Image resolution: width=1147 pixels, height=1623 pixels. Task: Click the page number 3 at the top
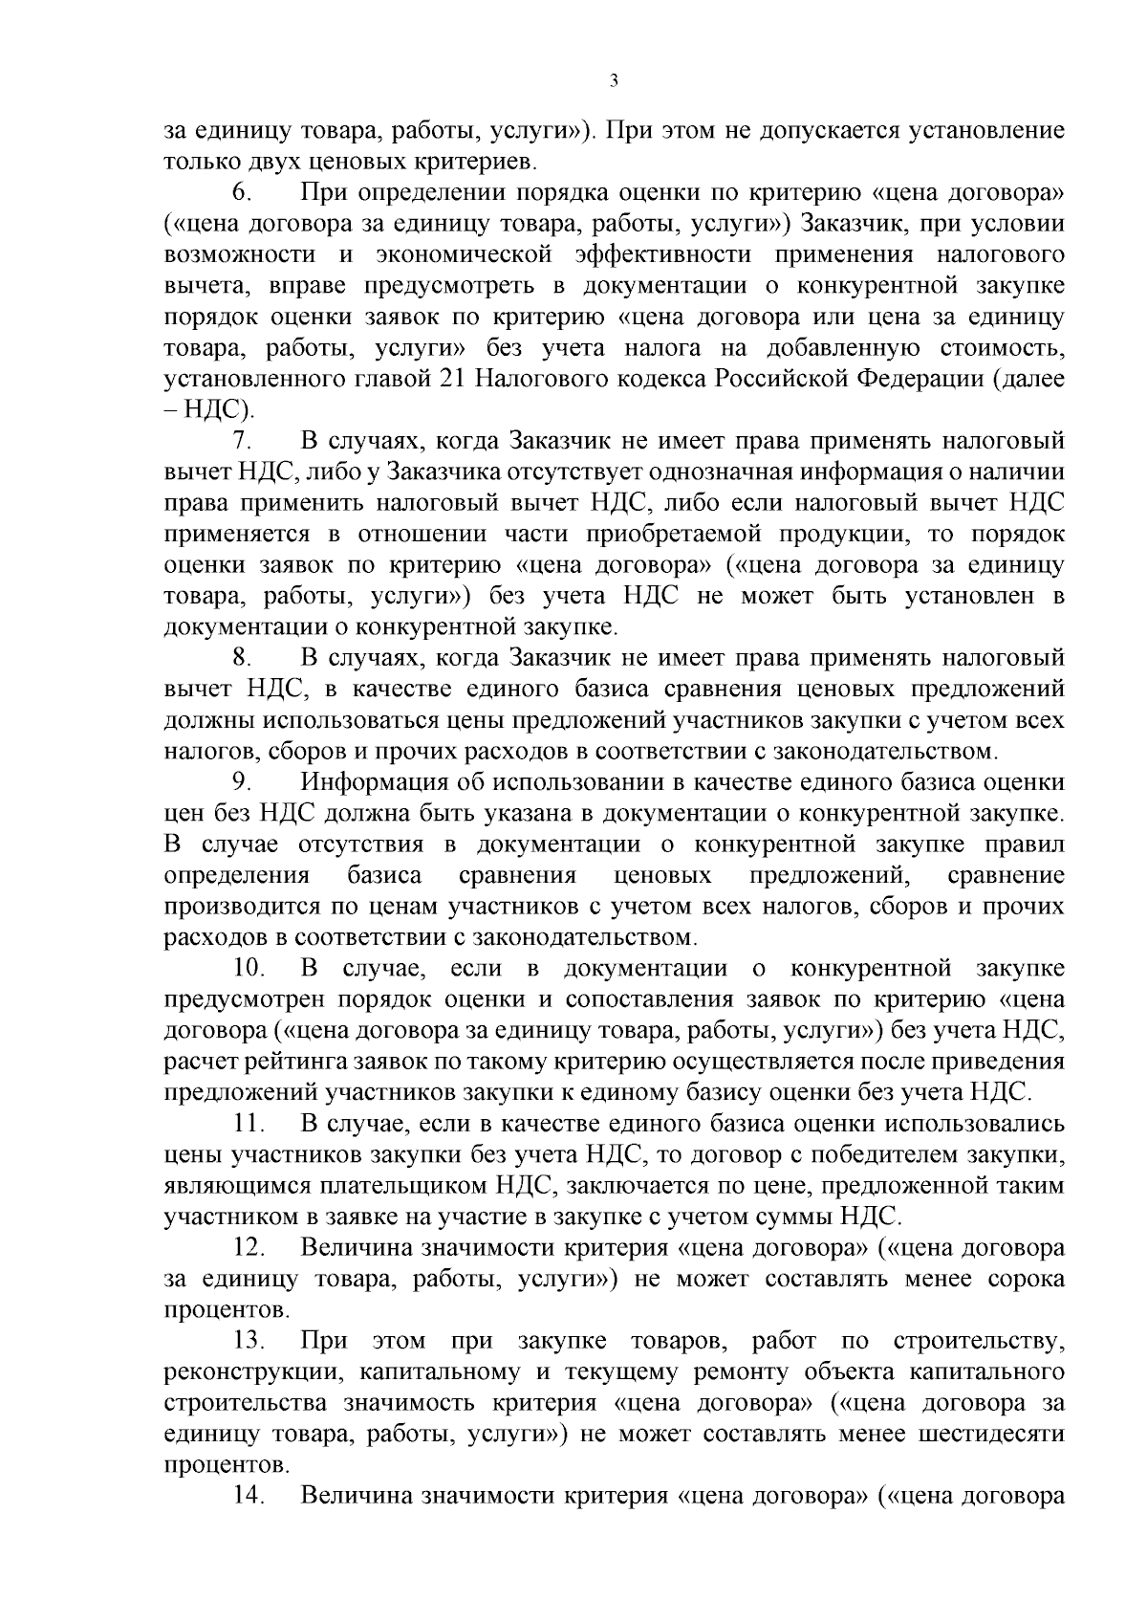point(614,81)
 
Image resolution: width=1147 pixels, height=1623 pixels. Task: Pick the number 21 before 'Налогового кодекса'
point(453,379)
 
